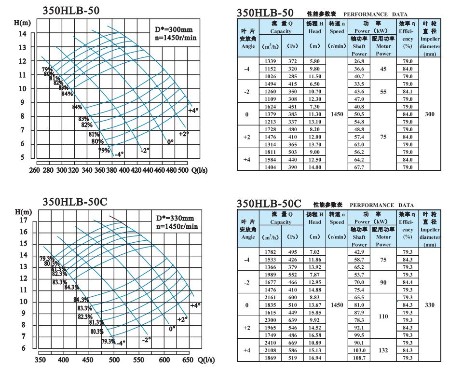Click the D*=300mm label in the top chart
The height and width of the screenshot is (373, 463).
(174, 29)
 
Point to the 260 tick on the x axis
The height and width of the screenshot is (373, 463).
(34, 170)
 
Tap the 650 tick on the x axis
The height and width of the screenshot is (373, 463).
(188, 360)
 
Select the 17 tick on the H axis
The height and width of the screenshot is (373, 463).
(23, 221)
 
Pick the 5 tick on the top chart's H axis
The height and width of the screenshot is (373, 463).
(22, 157)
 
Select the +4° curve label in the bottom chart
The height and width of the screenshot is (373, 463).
(195, 305)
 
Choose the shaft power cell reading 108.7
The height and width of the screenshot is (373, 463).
(359, 358)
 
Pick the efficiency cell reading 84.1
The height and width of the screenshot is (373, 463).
(408, 92)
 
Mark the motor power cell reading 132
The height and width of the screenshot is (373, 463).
(383, 350)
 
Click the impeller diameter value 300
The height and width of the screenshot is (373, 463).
(429, 114)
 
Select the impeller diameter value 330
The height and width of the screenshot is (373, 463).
(429, 305)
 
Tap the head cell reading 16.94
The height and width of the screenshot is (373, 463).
(314, 358)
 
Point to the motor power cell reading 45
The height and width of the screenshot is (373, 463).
(383, 69)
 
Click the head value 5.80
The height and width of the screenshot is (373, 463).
(314, 62)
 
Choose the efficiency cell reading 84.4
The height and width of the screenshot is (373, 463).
(408, 282)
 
